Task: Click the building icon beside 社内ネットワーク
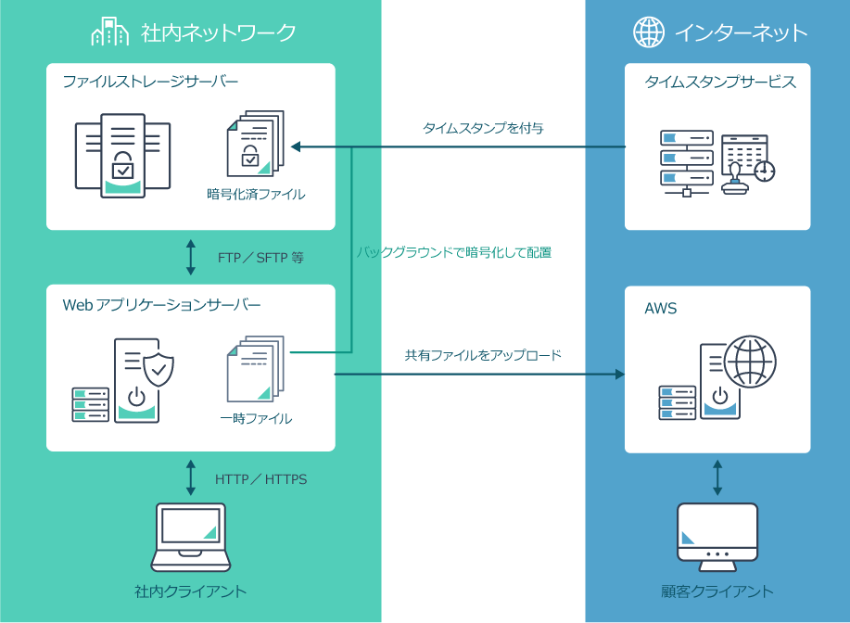[x=109, y=32]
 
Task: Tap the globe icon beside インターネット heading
[x=648, y=32]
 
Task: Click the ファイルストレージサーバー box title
[x=150, y=83]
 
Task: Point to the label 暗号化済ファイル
[x=256, y=195]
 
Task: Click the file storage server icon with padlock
[x=122, y=154]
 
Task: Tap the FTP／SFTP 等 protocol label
[x=260, y=258]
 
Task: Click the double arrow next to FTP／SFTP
[x=191, y=257]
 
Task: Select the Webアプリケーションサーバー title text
[x=161, y=304]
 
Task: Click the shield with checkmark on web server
[x=159, y=368]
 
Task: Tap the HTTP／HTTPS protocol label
[x=260, y=479]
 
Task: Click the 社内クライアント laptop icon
[x=191, y=537]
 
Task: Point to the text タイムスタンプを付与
[x=483, y=128]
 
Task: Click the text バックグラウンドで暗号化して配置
[x=454, y=251]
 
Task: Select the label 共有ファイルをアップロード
[x=483, y=355]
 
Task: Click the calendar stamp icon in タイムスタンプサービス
[x=747, y=161]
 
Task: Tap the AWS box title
[x=661, y=309]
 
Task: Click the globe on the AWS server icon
[x=750, y=362]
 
